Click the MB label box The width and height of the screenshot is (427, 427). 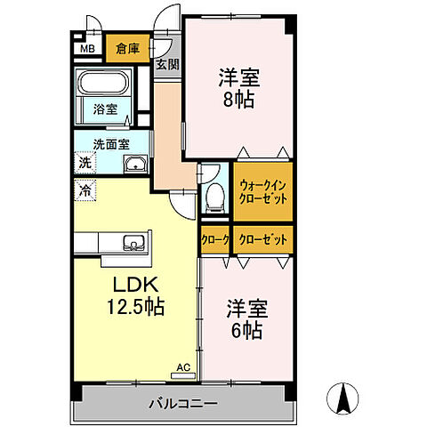[86, 49]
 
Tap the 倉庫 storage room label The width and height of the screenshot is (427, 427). [127, 49]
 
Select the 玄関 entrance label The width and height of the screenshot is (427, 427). [166, 64]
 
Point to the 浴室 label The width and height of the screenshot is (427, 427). [106, 110]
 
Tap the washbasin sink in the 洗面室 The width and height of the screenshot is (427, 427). [136, 163]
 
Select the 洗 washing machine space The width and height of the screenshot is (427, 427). [84, 163]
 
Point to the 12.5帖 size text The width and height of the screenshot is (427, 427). [137, 307]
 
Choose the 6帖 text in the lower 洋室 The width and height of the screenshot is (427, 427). [246, 331]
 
